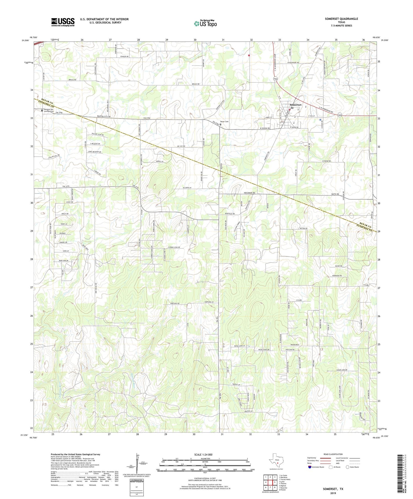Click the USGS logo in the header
click(63, 22)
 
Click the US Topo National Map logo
click(205, 23)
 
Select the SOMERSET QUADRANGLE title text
click(341, 19)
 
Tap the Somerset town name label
click(295, 105)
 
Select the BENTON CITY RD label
click(104, 117)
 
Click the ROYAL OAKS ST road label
click(240, 346)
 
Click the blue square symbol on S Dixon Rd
click(320, 120)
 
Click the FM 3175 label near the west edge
click(66, 187)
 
